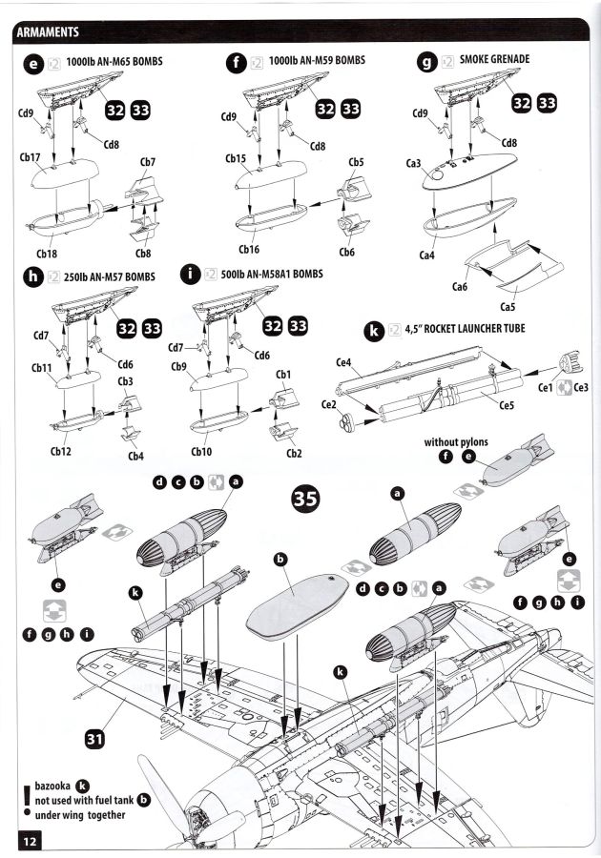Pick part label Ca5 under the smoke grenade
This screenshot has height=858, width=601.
509,307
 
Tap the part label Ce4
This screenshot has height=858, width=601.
344,363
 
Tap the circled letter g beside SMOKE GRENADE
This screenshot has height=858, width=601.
428,62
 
